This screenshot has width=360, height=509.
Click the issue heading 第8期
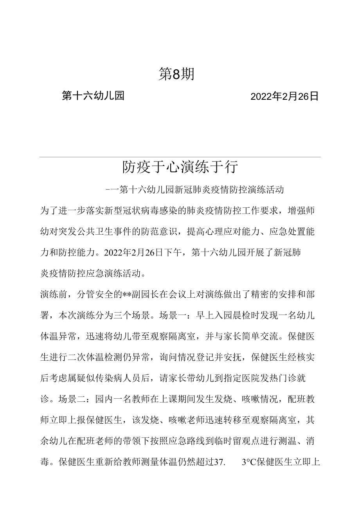[x=176, y=74]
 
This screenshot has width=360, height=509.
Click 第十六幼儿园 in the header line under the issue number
[x=93, y=95]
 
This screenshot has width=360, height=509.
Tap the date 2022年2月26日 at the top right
[x=284, y=96]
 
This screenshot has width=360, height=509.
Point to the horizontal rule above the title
[x=180, y=157]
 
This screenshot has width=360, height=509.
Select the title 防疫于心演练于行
[x=180, y=167]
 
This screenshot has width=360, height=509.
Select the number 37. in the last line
[x=218, y=462]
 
